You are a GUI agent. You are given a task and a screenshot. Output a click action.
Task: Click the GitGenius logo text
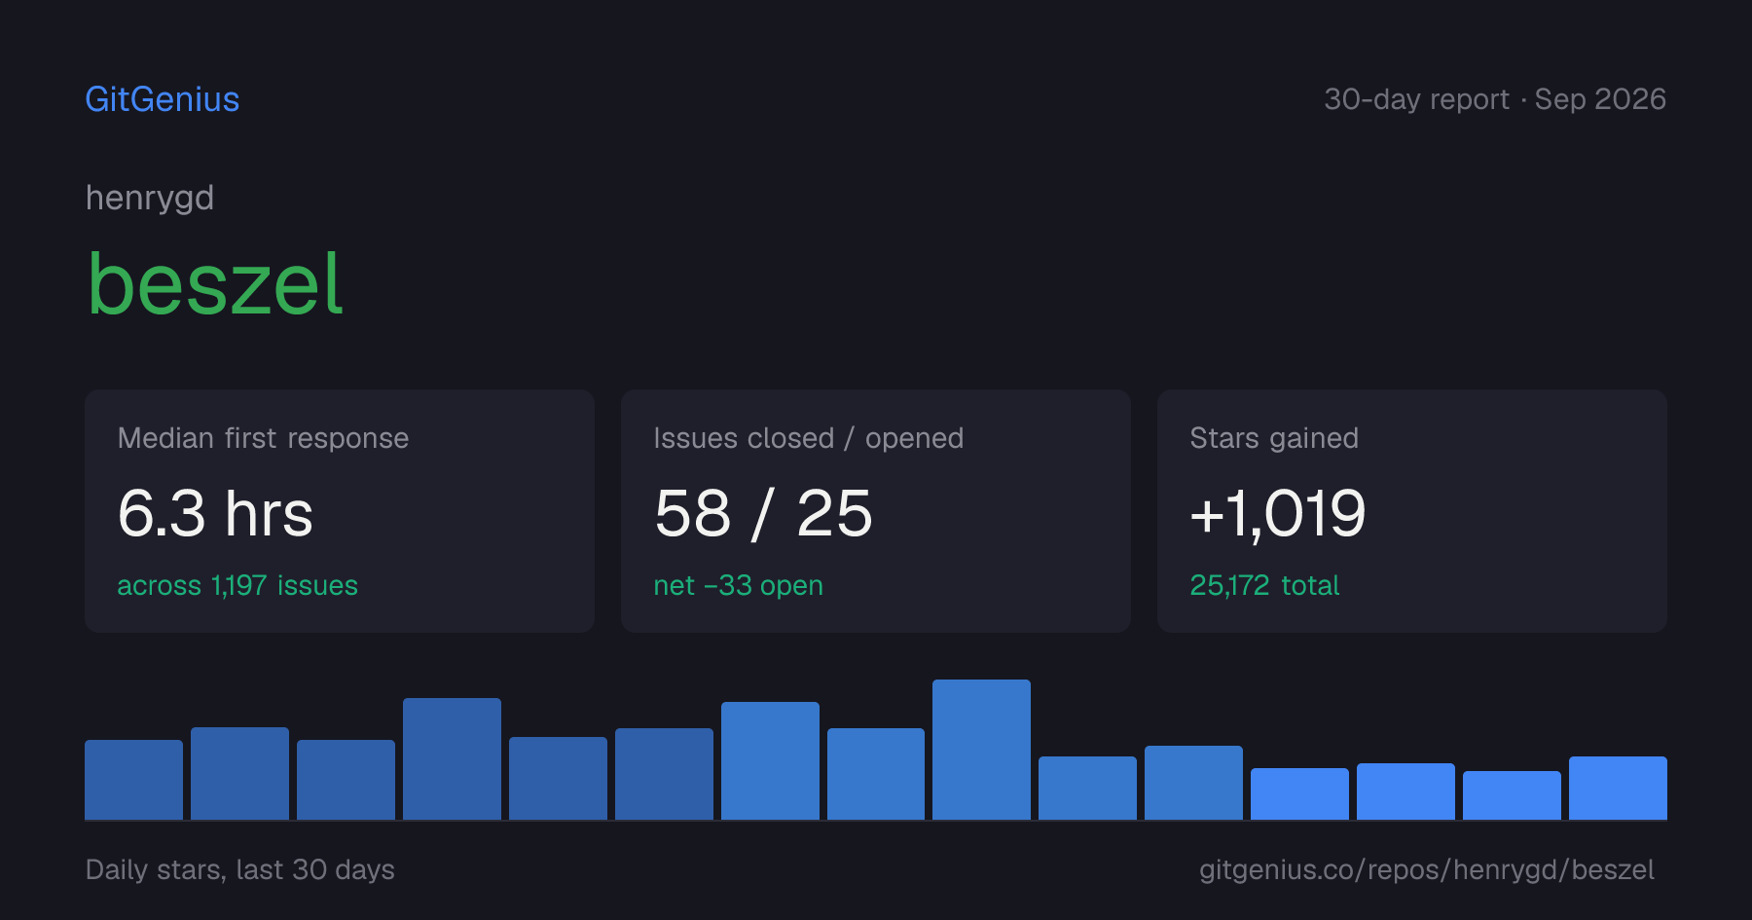(163, 99)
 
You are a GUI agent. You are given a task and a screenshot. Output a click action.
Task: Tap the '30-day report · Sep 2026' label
(1495, 99)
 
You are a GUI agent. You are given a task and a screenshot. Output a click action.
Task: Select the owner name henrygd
(150, 199)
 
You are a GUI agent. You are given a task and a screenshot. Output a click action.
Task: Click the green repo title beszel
(215, 283)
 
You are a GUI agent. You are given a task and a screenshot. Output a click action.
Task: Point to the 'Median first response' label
(263, 438)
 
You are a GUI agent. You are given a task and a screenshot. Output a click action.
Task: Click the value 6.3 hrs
(215, 513)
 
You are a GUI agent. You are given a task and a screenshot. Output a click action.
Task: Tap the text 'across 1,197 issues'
(237, 585)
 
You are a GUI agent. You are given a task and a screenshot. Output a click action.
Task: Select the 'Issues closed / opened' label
(808, 438)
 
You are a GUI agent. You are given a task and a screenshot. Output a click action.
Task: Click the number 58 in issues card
(692, 513)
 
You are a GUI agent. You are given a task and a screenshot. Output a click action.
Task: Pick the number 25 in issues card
(834, 513)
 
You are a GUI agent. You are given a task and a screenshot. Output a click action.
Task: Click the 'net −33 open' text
(738, 585)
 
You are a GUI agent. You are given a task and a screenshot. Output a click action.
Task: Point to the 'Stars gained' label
(1274, 438)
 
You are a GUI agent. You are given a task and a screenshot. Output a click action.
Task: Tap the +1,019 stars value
(1278, 513)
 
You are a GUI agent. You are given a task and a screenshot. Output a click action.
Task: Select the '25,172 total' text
(1264, 585)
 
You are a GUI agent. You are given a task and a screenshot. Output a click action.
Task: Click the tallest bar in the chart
(981, 750)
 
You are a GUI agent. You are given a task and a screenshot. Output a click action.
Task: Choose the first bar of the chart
(133, 780)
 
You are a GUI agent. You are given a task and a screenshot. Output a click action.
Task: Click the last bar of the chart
(1618, 788)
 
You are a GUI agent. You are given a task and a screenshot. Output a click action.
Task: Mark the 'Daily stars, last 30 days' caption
(240, 869)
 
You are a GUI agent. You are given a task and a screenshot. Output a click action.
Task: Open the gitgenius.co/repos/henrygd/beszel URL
(1427, 869)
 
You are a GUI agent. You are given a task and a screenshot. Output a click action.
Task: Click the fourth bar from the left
(452, 758)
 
